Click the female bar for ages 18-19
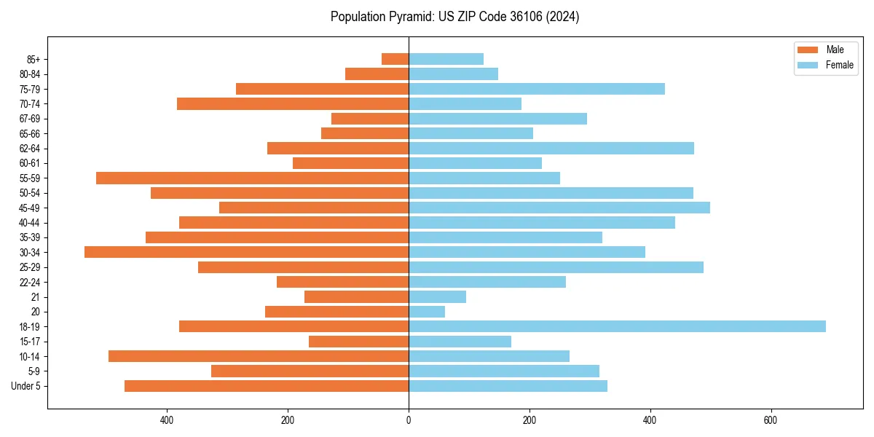(x=617, y=326)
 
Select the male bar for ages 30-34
(x=246, y=252)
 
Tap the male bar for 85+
(x=395, y=59)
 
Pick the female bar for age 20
(x=427, y=312)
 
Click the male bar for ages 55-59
(x=252, y=178)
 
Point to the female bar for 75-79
(x=537, y=89)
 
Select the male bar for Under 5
(x=267, y=386)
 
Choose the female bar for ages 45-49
(x=559, y=208)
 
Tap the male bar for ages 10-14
(x=259, y=356)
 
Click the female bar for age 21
(x=437, y=296)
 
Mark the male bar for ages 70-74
(x=293, y=103)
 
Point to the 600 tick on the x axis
(x=771, y=421)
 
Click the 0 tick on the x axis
(x=409, y=421)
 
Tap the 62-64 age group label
(x=30, y=149)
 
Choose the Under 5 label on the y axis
(x=25, y=386)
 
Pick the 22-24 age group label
(x=30, y=282)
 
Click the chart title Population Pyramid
(x=454, y=17)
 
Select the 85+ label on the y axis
(x=34, y=59)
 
